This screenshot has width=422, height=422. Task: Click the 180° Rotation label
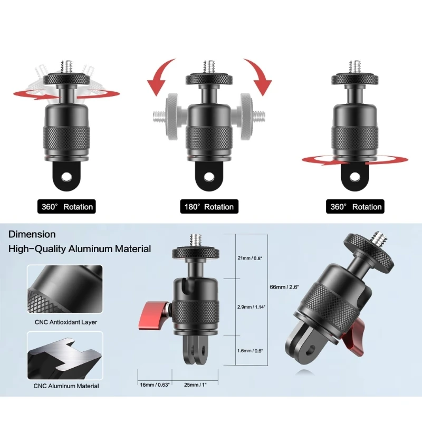[x=209, y=207]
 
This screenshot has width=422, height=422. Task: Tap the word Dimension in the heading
[x=32, y=234]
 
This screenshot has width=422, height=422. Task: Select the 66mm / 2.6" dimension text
[x=284, y=287]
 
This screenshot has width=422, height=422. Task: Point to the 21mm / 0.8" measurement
[x=250, y=258]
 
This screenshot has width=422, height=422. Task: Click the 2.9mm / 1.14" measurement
[x=252, y=306]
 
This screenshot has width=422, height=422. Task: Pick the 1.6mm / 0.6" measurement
[x=250, y=350]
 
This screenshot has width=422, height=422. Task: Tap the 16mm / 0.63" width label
[x=155, y=385]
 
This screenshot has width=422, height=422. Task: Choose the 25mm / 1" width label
[x=195, y=385]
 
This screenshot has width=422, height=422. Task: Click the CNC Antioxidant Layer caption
[x=65, y=322]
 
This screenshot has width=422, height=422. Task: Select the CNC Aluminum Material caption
[x=66, y=386]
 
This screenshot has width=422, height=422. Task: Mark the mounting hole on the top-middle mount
[x=209, y=177]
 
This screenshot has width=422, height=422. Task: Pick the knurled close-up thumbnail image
[x=65, y=289]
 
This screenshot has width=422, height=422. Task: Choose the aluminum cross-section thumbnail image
[x=65, y=355]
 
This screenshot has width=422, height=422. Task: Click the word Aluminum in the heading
[x=90, y=248]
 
